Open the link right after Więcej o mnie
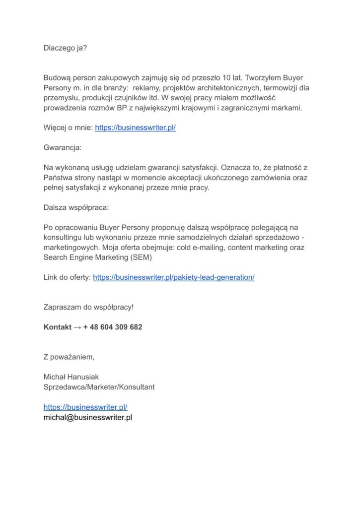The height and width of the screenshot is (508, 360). coord(135,127)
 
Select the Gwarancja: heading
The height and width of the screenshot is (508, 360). coord(62,148)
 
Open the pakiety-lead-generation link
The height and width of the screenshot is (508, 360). coord(173,277)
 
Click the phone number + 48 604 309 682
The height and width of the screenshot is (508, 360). coord(113,327)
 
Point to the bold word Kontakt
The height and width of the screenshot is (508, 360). coord(58,327)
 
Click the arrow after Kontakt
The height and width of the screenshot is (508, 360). coord(77,327)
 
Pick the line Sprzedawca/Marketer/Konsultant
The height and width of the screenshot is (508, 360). coord(99,387)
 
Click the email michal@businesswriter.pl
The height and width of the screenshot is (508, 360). coord(87,417)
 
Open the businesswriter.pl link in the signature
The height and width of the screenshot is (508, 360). coord(85,407)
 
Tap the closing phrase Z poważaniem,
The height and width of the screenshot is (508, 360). coord(69,357)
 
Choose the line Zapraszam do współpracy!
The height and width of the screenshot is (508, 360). coord(88,307)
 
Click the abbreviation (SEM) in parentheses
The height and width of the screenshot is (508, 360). coord(142,257)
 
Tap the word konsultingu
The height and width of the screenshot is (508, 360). coord(63,238)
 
